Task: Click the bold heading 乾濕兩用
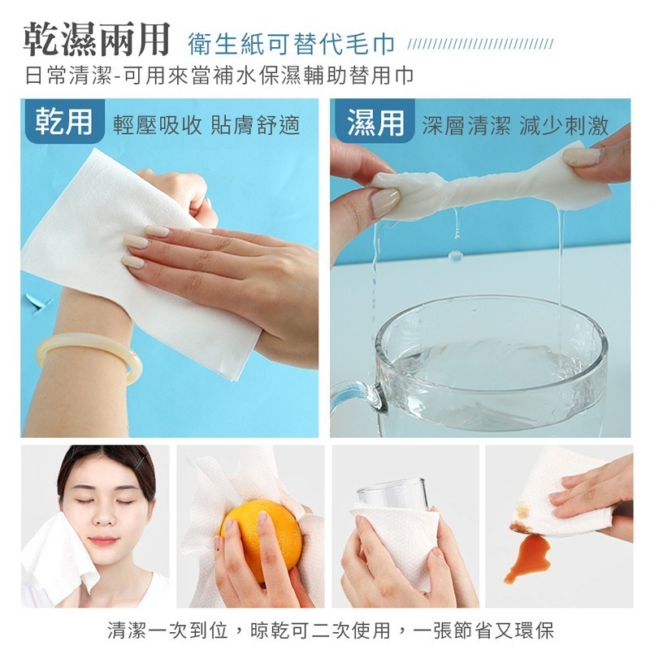tap(96, 38)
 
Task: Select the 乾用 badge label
tap(63, 121)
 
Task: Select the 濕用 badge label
tap(374, 122)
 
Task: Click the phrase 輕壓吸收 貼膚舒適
tap(206, 125)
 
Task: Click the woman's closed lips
tap(103, 539)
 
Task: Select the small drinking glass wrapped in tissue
tap(392, 497)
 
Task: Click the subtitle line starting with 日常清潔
tap(219, 76)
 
